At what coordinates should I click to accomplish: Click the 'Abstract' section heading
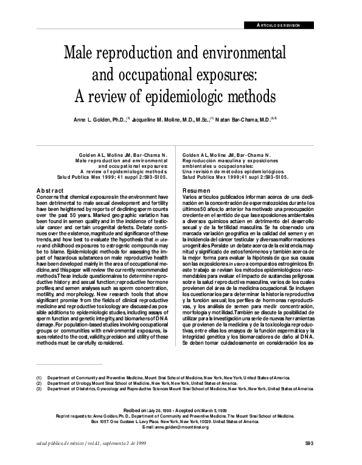(x=52, y=191)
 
